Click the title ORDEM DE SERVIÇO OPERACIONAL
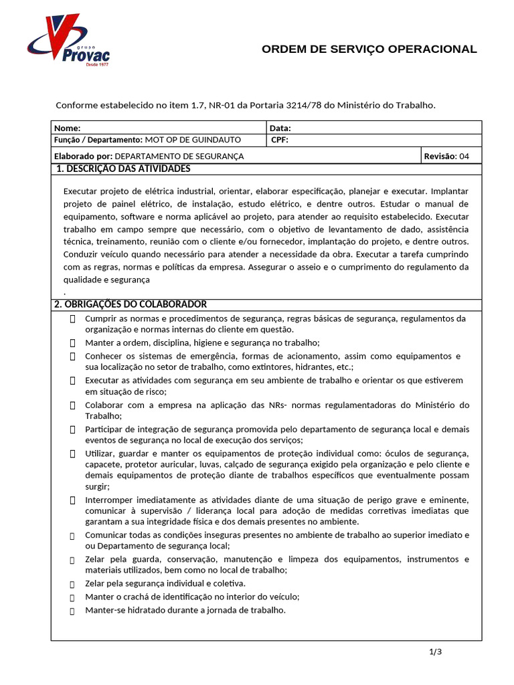pos(369,50)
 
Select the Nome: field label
pos(67,128)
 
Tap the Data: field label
pos(280,128)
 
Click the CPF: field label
pos(280,140)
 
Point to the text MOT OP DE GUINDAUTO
pos(193,140)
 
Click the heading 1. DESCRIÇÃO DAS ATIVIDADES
pos(123,169)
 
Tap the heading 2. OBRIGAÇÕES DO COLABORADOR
pos(130,304)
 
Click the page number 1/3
pos(436,652)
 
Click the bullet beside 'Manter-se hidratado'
pos(72,611)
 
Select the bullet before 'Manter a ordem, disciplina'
pos(72,342)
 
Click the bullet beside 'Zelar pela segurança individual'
pos(72,583)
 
